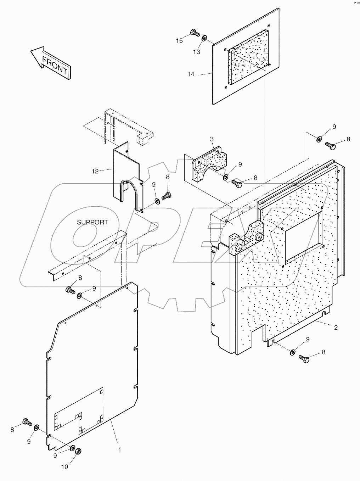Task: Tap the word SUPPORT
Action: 92,222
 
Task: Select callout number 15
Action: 180,41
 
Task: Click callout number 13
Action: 196,52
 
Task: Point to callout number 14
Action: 191,74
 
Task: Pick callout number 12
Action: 95,171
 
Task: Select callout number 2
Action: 335,328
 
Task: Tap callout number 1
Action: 119,449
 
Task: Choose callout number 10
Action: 64,467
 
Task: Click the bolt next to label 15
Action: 194,33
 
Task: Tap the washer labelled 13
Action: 205,38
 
